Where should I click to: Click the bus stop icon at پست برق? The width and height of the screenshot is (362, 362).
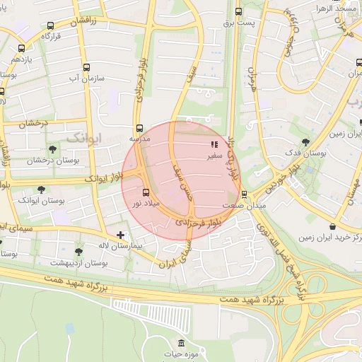[x=239, y=11]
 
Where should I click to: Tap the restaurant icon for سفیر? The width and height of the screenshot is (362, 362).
[x=215, y=145]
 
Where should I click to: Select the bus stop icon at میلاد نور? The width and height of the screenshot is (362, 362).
[x=146, y=192]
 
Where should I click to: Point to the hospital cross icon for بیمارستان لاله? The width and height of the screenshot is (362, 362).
[x=121, y=234]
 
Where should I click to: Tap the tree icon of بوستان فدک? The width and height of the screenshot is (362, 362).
[x=305, y=142]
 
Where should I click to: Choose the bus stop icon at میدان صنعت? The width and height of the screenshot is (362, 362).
[x=245, y=194]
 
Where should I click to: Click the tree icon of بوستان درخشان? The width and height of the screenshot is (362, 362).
[x=52, y=149]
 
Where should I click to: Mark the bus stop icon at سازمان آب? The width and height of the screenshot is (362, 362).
[x=86, y=68]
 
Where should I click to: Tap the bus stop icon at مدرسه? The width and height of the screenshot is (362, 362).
[x=139, y=129]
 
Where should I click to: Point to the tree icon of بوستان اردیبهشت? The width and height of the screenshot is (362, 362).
[x=78, y=252]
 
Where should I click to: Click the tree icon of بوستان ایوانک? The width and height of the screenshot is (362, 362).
[x=41, y=189]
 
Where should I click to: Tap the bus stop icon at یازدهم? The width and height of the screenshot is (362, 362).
[x=22, y=49]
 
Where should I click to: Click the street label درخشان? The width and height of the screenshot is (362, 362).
[x=33, y=124]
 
